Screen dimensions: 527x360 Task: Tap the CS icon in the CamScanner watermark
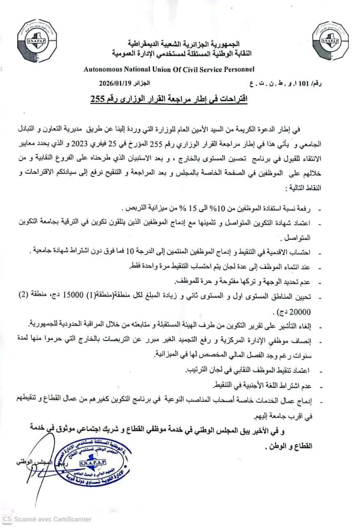6,519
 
